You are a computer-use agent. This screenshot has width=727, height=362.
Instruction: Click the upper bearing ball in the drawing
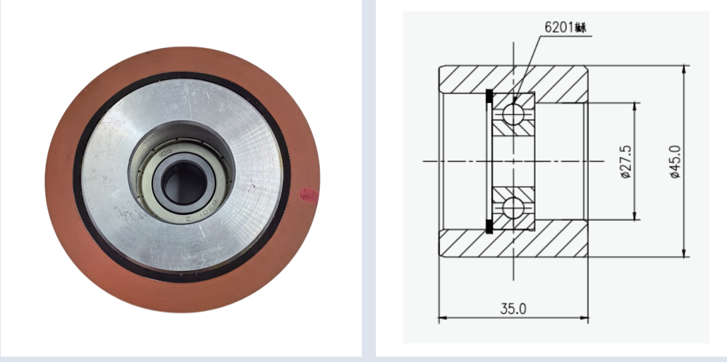coord(513,112)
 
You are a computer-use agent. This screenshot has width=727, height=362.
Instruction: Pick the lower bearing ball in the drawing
coord(513,208)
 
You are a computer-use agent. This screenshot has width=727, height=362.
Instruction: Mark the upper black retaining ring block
coord(489,97)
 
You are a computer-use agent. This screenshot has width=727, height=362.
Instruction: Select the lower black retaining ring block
coord(489,226)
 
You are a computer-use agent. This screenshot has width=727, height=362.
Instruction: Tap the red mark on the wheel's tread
coord(307,194)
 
